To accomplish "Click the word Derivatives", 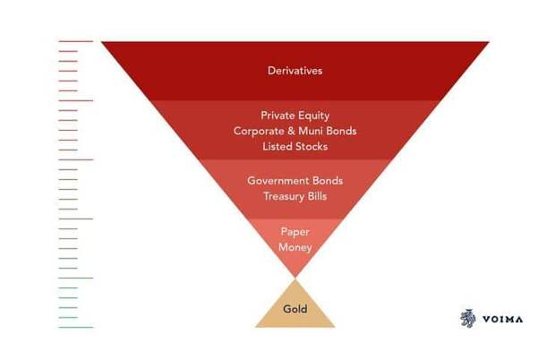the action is click(295, 71).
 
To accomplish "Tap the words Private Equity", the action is click(295, 116).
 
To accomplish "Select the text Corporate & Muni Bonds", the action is click(295, 131).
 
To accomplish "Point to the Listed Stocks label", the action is click(295, 147).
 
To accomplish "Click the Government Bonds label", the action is click(295, 181).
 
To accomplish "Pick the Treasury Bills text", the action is click(295, 196).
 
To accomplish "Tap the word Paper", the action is click(295, 232).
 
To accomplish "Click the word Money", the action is click(295, 247).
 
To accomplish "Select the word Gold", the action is click(295, 309).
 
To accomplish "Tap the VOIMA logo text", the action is click(502, 320).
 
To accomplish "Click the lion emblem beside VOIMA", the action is click(467, 318).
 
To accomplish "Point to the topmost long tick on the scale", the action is click(76, 41).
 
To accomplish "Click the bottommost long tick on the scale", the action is click(76, 327).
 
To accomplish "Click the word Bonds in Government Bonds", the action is click(328, 181).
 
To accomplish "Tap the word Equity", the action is click(313, 116).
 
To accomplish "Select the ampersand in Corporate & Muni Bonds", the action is click(291, 131).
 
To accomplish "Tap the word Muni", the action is click(311, 131).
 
